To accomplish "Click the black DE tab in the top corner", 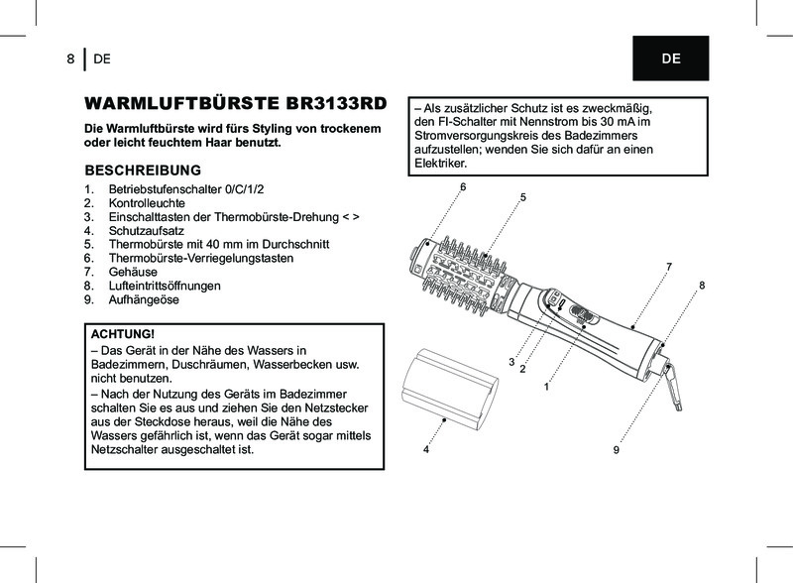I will [671, 58].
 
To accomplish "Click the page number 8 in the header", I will [70, 58].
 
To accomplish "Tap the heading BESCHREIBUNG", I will [144, 170].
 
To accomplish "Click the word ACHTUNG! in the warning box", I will [123, 334].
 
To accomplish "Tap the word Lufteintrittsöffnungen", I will [165, 286].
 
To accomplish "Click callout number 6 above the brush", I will [462, 187].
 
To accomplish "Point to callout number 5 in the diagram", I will [522, 197].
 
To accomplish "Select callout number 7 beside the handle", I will [669, 267].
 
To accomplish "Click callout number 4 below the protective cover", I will [424, 450].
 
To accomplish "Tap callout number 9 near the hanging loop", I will [616, 450].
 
